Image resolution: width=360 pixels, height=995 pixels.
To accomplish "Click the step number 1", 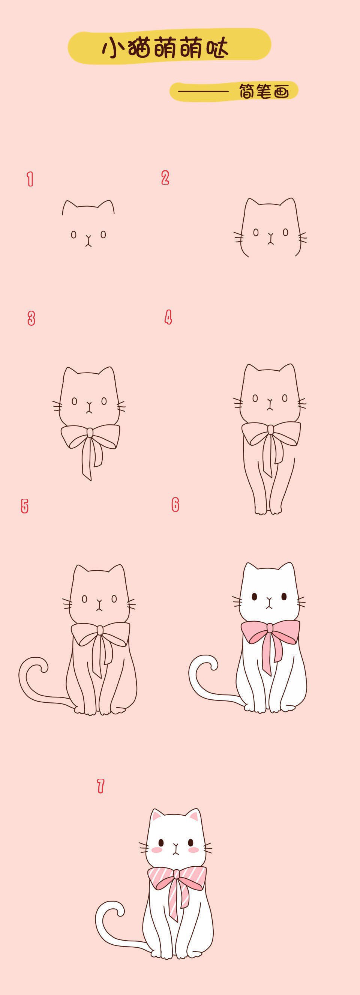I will point(30,179).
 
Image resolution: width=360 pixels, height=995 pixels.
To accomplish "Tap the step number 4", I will point(168,317).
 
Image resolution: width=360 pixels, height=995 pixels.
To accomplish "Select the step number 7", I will point(100,786).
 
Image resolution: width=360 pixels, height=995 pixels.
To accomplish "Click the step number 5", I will point(25,506).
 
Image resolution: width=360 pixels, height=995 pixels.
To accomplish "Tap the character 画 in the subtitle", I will point(282,92).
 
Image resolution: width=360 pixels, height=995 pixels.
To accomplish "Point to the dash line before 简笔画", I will point(203,92).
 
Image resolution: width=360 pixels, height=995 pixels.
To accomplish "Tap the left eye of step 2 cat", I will point(256,232).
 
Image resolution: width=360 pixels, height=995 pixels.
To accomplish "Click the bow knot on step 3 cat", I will point(90,432).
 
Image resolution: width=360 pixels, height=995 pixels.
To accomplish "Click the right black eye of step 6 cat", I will point(284,597).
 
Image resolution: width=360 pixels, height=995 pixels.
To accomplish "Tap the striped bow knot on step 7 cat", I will point(176,873).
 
